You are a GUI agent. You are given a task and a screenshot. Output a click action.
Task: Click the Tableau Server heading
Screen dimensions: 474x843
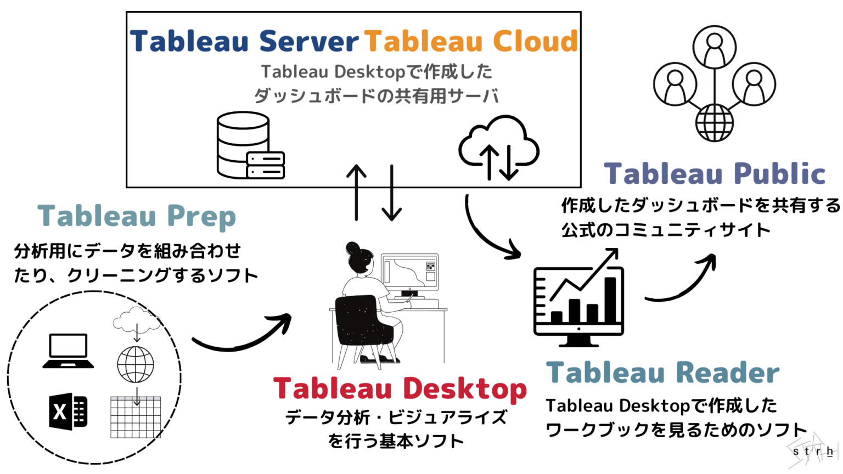[x=244, y=41]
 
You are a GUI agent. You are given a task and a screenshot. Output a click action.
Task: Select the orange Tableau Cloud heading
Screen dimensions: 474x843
[x=471, y=41]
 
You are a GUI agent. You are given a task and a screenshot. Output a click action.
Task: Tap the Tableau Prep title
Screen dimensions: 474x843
[x=137, y=216]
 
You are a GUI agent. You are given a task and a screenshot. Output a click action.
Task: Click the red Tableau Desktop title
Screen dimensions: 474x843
[x=400, y=388]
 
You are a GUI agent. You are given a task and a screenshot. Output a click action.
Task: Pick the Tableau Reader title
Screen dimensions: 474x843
[x=662, y=373]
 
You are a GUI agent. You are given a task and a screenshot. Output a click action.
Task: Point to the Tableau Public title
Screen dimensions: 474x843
[x=715, y=174]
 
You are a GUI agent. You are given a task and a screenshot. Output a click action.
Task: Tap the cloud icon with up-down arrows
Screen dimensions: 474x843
[x=498, y=147]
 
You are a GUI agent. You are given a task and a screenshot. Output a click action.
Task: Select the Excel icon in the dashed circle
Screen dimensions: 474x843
[x=68, y=411]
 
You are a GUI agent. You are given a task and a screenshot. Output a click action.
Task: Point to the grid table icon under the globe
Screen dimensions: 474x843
[x=136, y=417]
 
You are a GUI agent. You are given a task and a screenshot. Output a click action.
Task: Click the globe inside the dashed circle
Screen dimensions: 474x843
[x=136, y=364]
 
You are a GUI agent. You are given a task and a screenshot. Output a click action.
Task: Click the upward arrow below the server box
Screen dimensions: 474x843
[x=356, y=192]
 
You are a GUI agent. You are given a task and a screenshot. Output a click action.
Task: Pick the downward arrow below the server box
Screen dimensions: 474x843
[x=392, y=192]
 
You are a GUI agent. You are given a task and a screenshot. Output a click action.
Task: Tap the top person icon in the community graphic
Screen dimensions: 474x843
[x=714, y=47]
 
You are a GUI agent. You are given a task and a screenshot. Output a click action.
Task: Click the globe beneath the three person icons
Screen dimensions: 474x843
[x=714, y=123]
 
